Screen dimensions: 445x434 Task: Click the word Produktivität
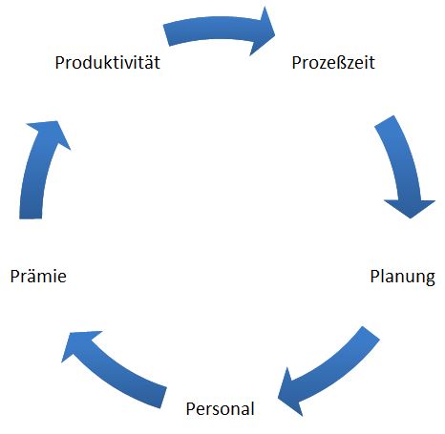pyautogui.click(x=108, y=62)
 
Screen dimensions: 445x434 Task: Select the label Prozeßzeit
pyautogui.click(x=333, y=62)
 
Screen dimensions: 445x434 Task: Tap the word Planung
pyautogui.click(x=402, y=278)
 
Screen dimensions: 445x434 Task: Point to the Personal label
pyautogui.click(x=221, y=408)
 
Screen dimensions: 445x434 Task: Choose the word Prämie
pyautogui.click(x=38, y=276)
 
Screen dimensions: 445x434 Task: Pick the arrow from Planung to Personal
pyautogui.click(x=334, y=371)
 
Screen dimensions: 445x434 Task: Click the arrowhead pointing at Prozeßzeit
pyautogui.click(x=263, y=31)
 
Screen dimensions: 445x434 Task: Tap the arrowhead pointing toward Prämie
pyautogui.click(x=78, y=345)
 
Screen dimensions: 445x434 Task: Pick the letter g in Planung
pyautogui.click(x=430, y=279)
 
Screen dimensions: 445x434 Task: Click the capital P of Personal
pyautogui.click(x=190, y=409)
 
